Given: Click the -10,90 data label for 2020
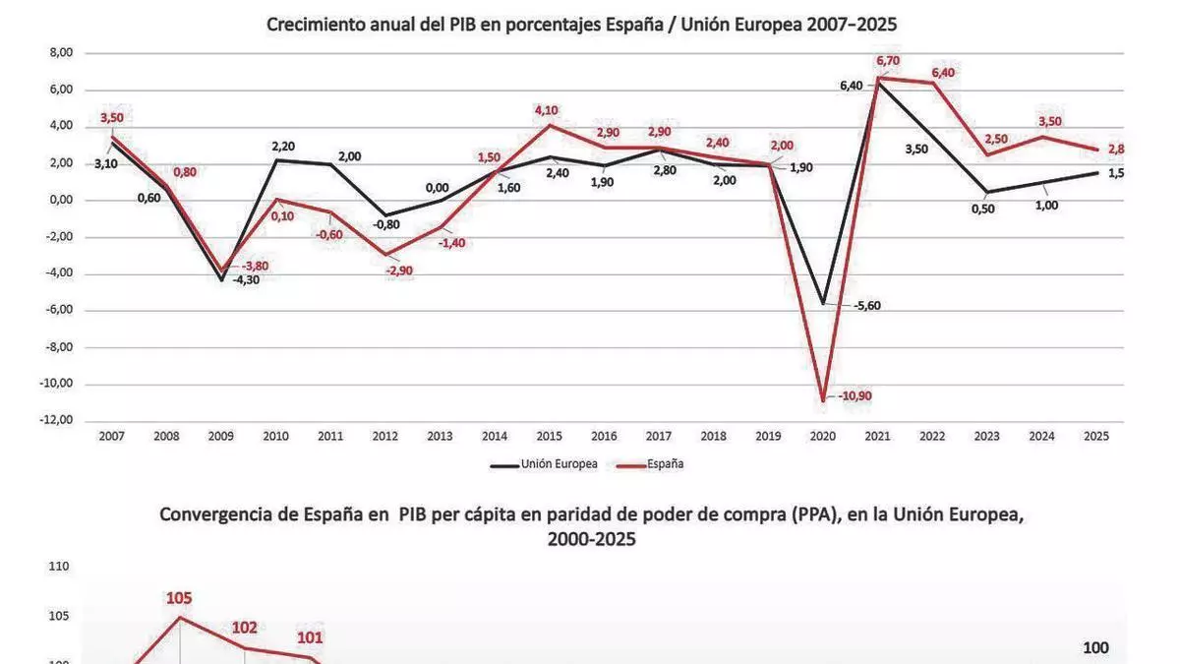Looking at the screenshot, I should click(x=855, y=396).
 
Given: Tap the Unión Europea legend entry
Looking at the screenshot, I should click(x=557, y=464).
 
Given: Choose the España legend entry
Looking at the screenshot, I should click(x=666, y=464).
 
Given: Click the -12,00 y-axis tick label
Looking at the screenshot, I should click(x=57, y=420).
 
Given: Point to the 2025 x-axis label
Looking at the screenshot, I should click(x=1095, y=436).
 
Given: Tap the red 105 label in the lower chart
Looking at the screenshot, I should click(x=179, y=596).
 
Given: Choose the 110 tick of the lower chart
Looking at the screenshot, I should click(x=58, y=567).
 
